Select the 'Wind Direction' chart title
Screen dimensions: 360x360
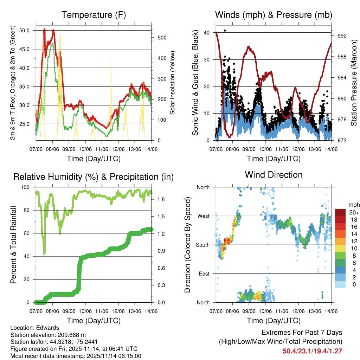pyautogui.click(x=274, y=174)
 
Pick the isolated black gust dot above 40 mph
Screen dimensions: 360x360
pyautogui.click(x=225, y=31)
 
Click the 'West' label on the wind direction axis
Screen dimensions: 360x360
pyautogui.click(x=203, y=216)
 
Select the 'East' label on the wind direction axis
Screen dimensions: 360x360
pyautogui.click(x=204, y=274)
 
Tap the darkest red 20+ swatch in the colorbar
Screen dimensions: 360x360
pyautogui.click(x=340, y=212)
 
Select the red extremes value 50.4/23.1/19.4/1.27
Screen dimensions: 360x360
pyautogui.click(x=312, y=351)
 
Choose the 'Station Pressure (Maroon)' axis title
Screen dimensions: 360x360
pyautogui.click(x=354, y=83)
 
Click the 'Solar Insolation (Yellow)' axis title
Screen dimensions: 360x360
pyautogui.click(x=172, y=83)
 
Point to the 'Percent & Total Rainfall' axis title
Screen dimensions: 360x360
pyautogui.click(x=13, y=245)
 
